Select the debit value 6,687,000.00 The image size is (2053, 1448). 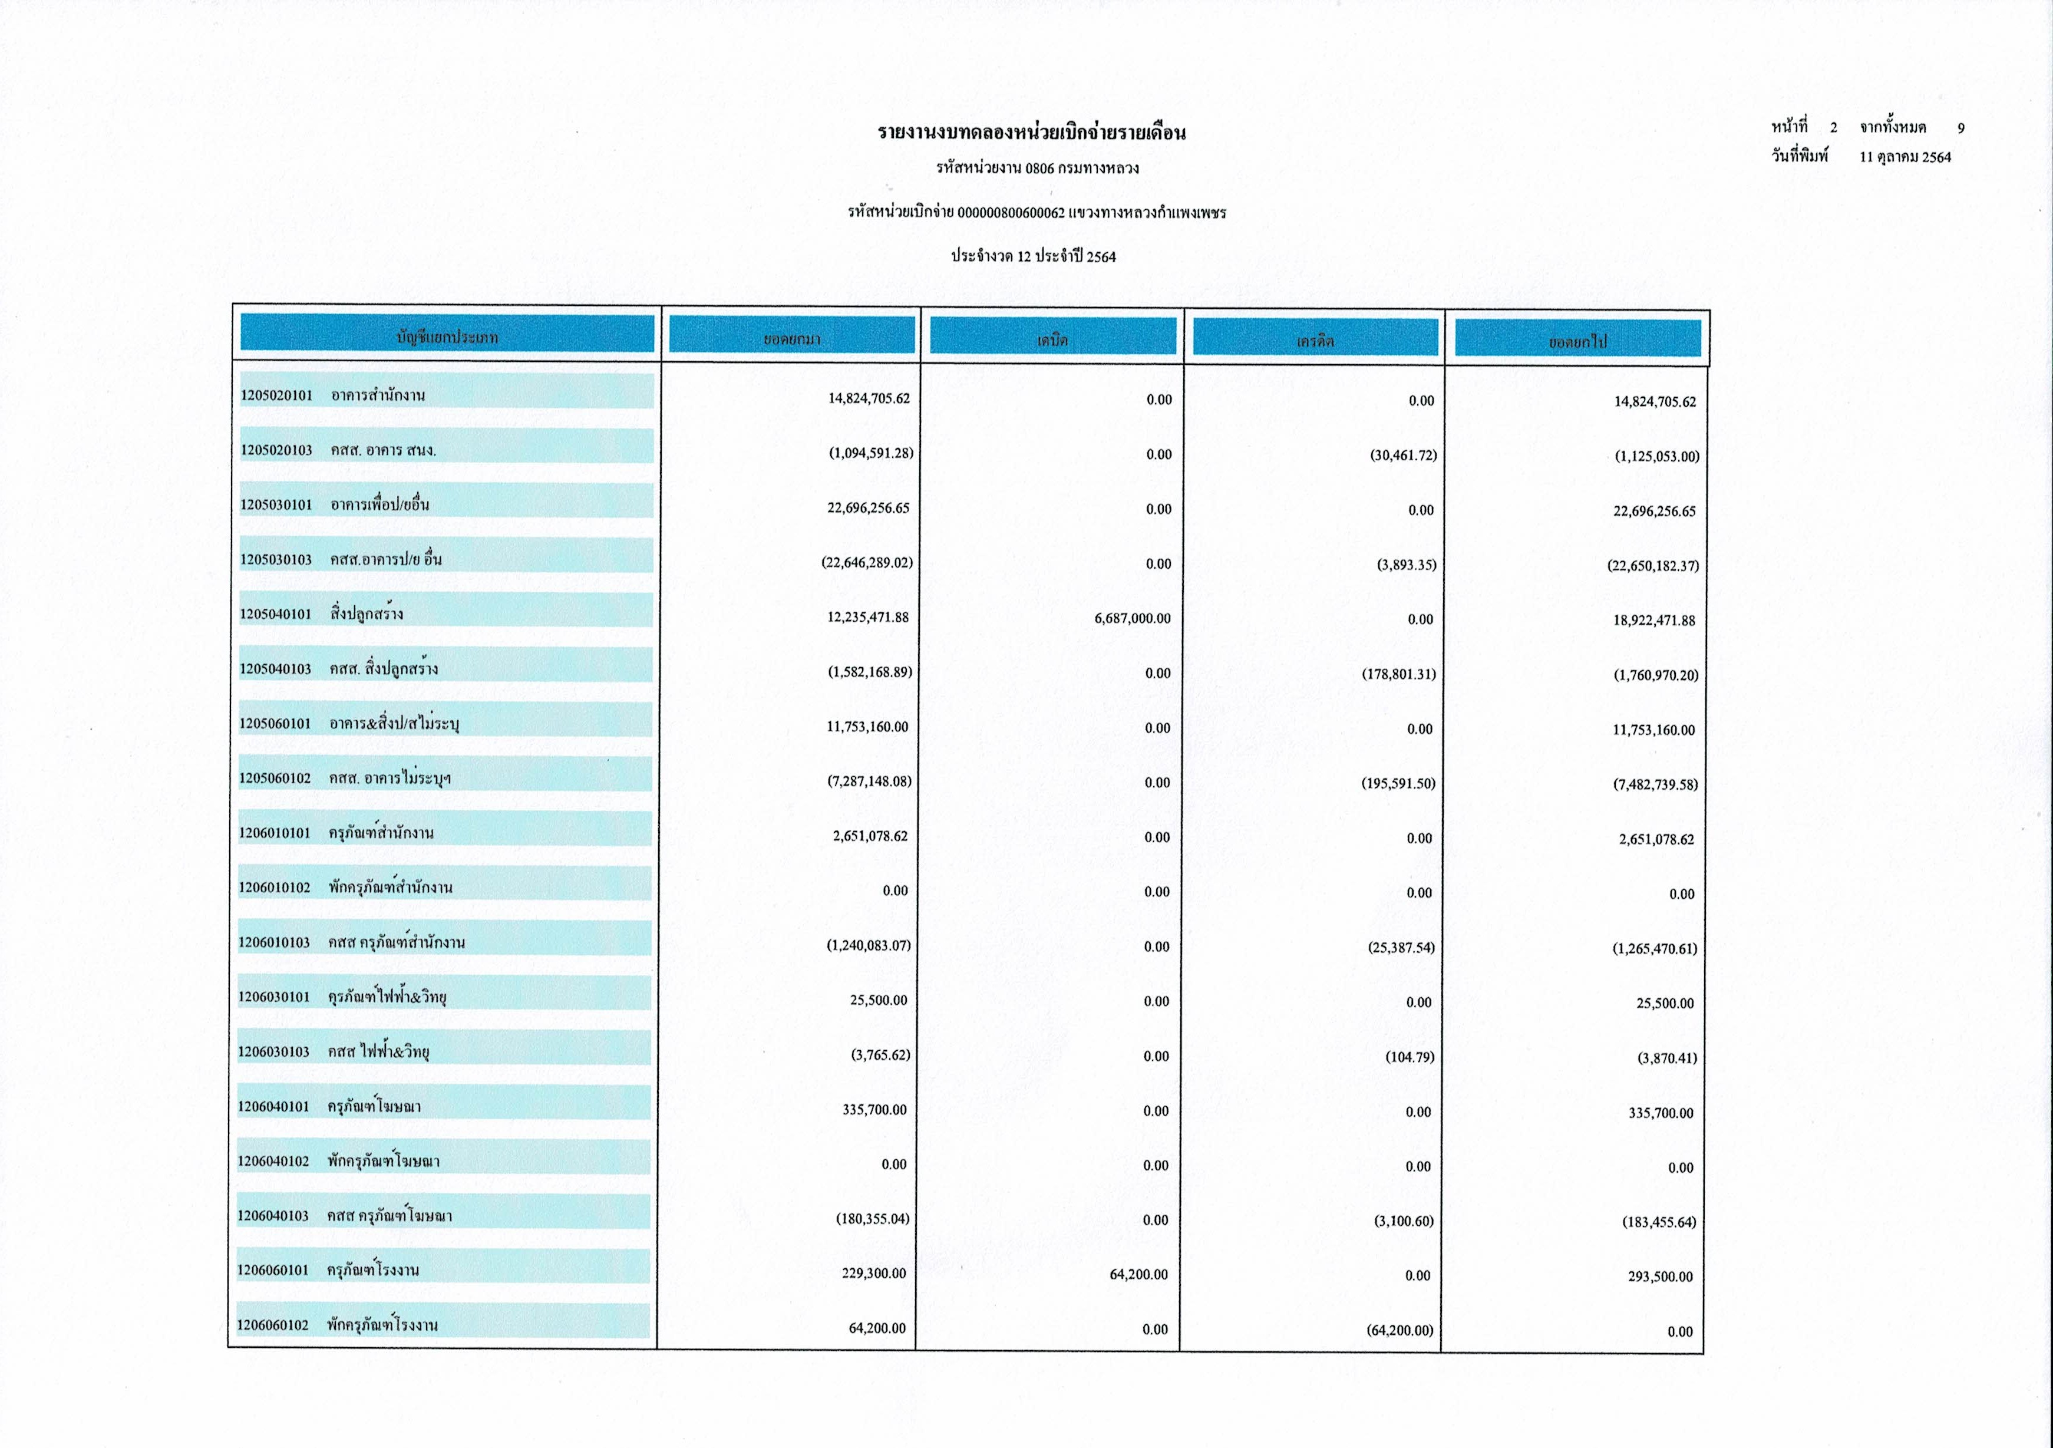[x=1132, y=618]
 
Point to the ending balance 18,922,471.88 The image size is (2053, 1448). [x=1654, y=621]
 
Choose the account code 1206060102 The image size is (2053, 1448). [x=273, y=1325]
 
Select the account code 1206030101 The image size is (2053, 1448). [x=273, y=997]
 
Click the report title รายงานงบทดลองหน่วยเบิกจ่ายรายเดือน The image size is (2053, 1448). [x=1032, y=133]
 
